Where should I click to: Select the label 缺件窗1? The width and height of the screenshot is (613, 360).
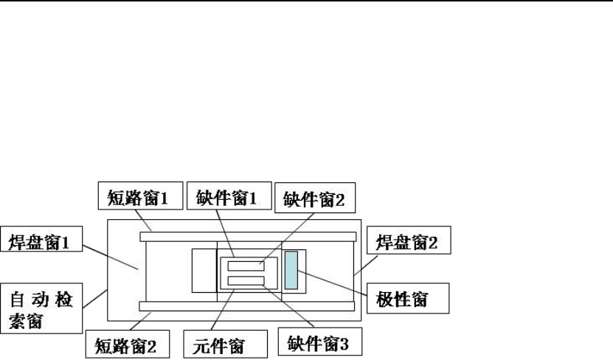pos(226,197)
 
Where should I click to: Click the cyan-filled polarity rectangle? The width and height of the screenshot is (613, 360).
pos(291,270)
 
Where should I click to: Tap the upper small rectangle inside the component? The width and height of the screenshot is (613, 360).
pos(246,265)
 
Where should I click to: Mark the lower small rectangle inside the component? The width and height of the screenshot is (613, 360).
pos(246,280)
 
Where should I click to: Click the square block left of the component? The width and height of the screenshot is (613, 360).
pos(204,271)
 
